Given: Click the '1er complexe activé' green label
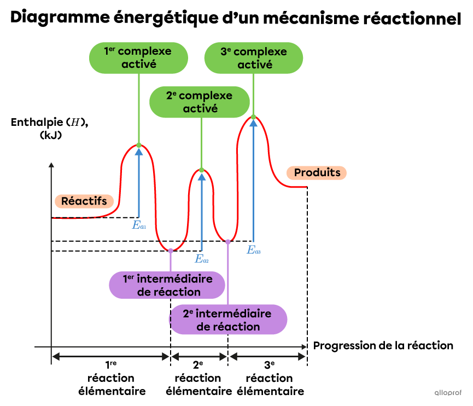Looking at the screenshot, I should pyautogui.click(x=138, y=57).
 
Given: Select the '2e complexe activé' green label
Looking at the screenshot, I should pyautogui.click(x=200, y=102).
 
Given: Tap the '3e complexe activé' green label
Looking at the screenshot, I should pyautogui.click(x=253, y=57).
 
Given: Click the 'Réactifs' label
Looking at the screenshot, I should pyautogui.click(x=84, y=201).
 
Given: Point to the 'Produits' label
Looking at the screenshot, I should pyautogui.click(x=317, y=173).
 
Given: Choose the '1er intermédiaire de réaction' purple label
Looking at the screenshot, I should pyautogui.click(x=167, y=285).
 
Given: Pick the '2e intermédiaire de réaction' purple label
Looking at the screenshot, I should pyautogui.click(x=228, y=320).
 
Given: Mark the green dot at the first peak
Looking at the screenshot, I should pyautogui.click(x=139, y=145).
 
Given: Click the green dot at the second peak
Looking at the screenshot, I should pyautogui.click(x=202, y=170).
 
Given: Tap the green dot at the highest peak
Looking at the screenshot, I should pyautogui.click(x=253, y=117).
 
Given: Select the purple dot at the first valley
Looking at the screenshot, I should pyautogui.click(x=171, y=251).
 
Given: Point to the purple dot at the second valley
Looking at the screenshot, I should pyautogui.click(x=228, y=241).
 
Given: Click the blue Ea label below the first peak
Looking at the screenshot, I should pyautogui.click(x=139, y=224).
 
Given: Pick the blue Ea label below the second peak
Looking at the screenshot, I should pyautogui.click(x=202, y=259).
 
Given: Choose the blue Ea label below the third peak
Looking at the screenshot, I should pyautogui.click(x=253, y=251).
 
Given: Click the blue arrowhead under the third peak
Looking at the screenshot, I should pyautogui.click(x=253, y=123).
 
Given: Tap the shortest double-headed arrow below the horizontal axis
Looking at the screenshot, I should pyautogui.click(x=199, y=357).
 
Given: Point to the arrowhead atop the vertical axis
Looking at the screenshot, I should pyautogui.click(x=51, y=165).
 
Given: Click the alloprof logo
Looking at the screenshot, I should pyautogui.click(x=448, y=392).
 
